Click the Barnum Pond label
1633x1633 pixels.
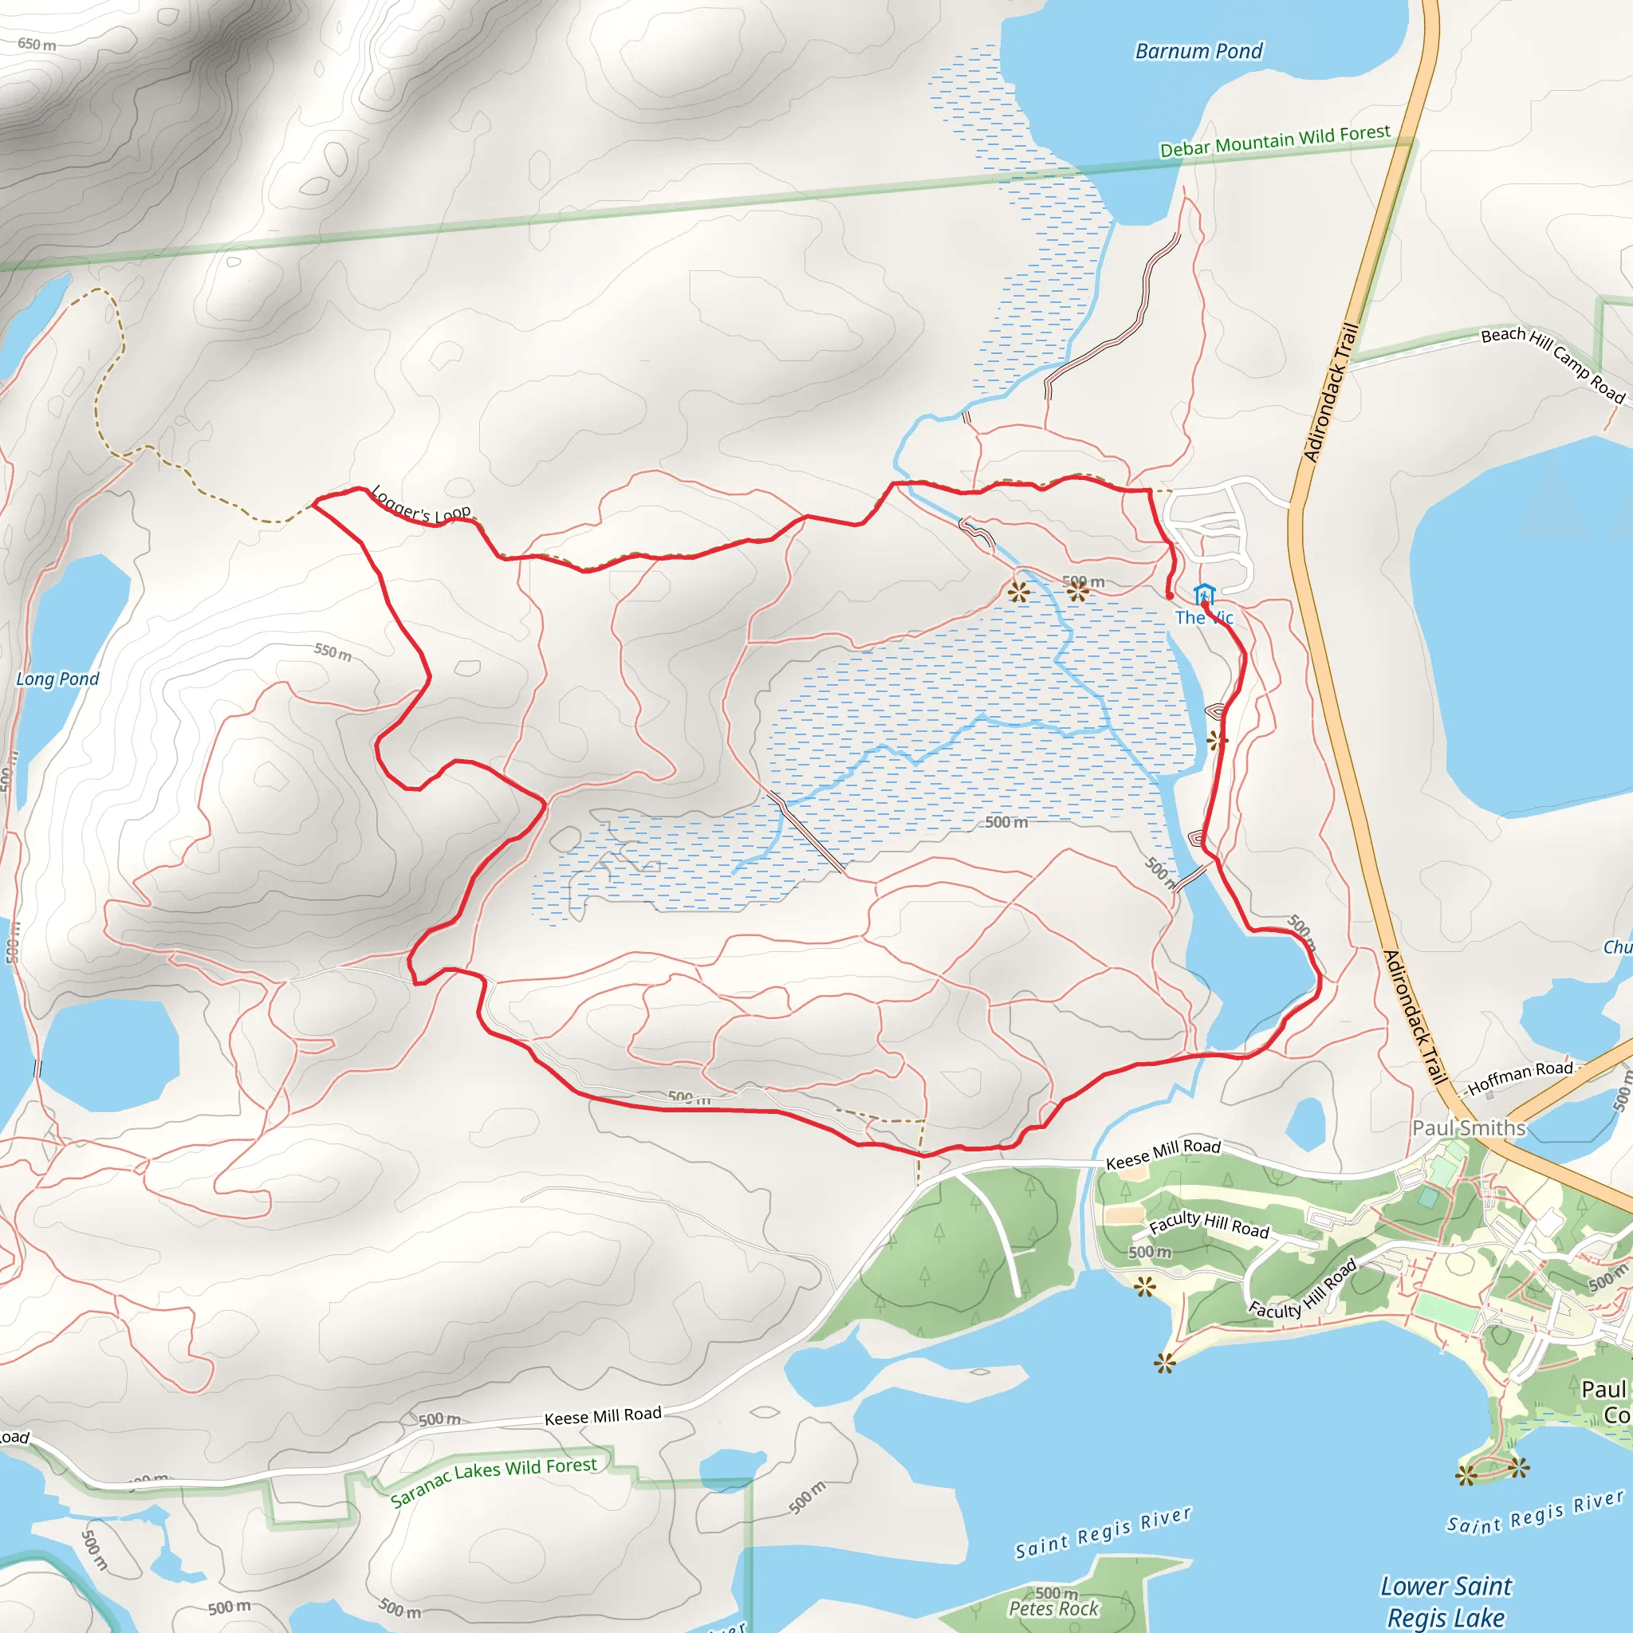(1198, 52)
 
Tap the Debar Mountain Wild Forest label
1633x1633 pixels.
(1275, 141)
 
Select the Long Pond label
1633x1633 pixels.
(57, 679)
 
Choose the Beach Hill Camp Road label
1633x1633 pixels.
(1553, 363)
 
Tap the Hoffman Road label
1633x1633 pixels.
(1520, 1079)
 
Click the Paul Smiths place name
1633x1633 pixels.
(1469, 1127)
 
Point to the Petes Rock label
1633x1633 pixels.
(1054, 1608)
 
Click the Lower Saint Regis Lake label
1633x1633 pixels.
(1446, 1601)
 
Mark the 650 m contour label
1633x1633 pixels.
(37, 44)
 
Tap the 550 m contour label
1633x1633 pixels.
(333, 651)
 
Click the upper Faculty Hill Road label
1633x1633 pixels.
(1209, 1224)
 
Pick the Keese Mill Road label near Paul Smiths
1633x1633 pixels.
(1164, 1154)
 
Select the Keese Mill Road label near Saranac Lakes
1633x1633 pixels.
(603, 1416)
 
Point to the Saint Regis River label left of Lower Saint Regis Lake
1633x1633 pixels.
(1103, 1533)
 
